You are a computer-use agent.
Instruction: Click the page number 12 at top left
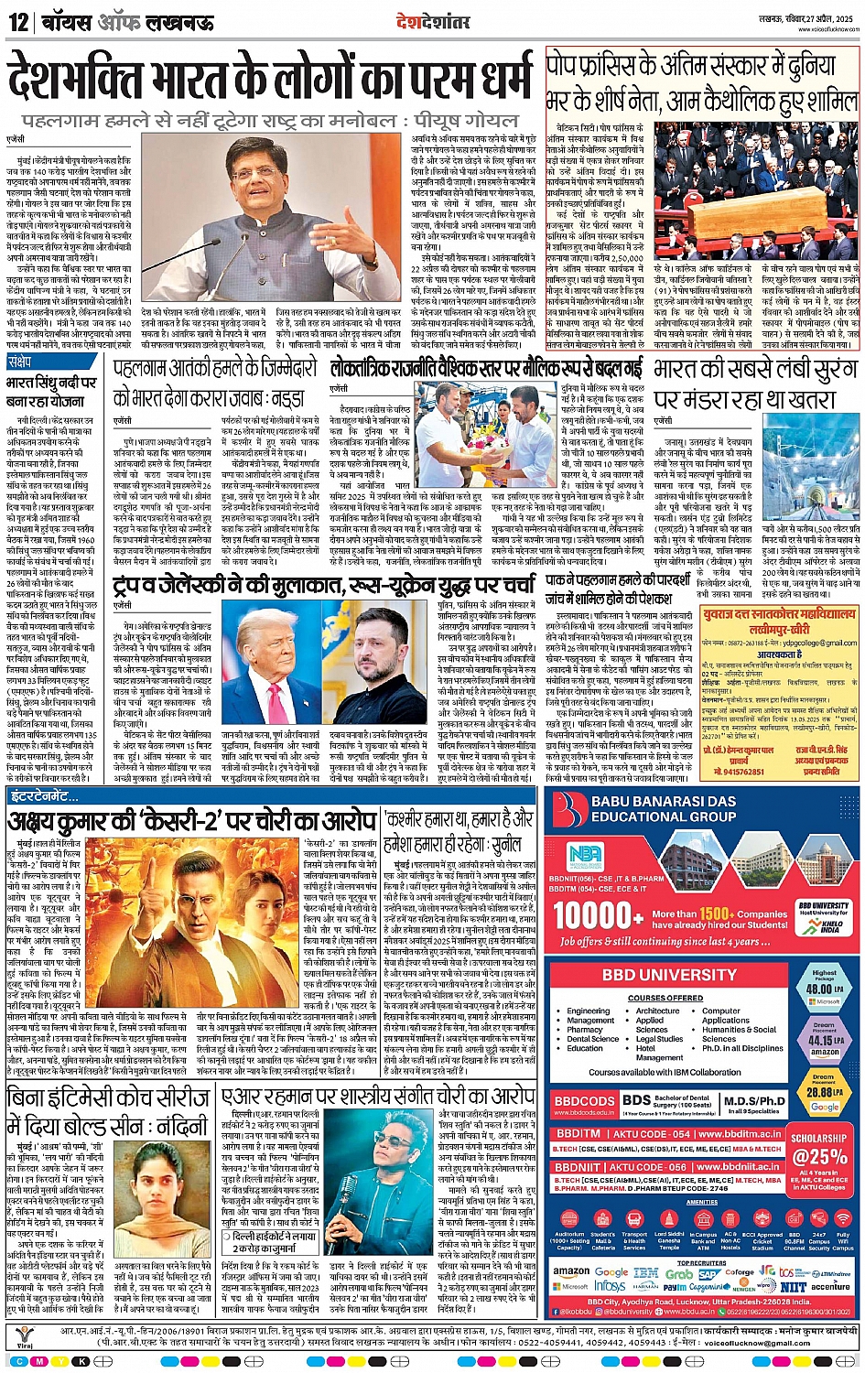(18, 22)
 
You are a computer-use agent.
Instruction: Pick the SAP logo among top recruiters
(708, 1273)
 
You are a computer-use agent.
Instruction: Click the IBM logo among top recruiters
(645, 1272)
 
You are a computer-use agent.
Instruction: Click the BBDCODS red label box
(584, 1102)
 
